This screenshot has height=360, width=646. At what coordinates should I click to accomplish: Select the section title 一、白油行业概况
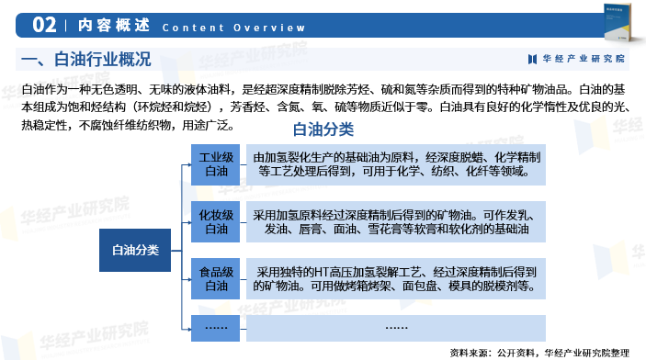(85, 60)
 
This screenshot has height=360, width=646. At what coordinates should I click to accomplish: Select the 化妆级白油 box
(216, 221)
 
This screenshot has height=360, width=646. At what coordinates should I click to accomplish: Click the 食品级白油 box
(216, 278)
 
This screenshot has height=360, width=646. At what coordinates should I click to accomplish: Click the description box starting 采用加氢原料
(396, 221)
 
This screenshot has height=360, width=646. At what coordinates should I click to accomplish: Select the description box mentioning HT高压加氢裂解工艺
(396, 278)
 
